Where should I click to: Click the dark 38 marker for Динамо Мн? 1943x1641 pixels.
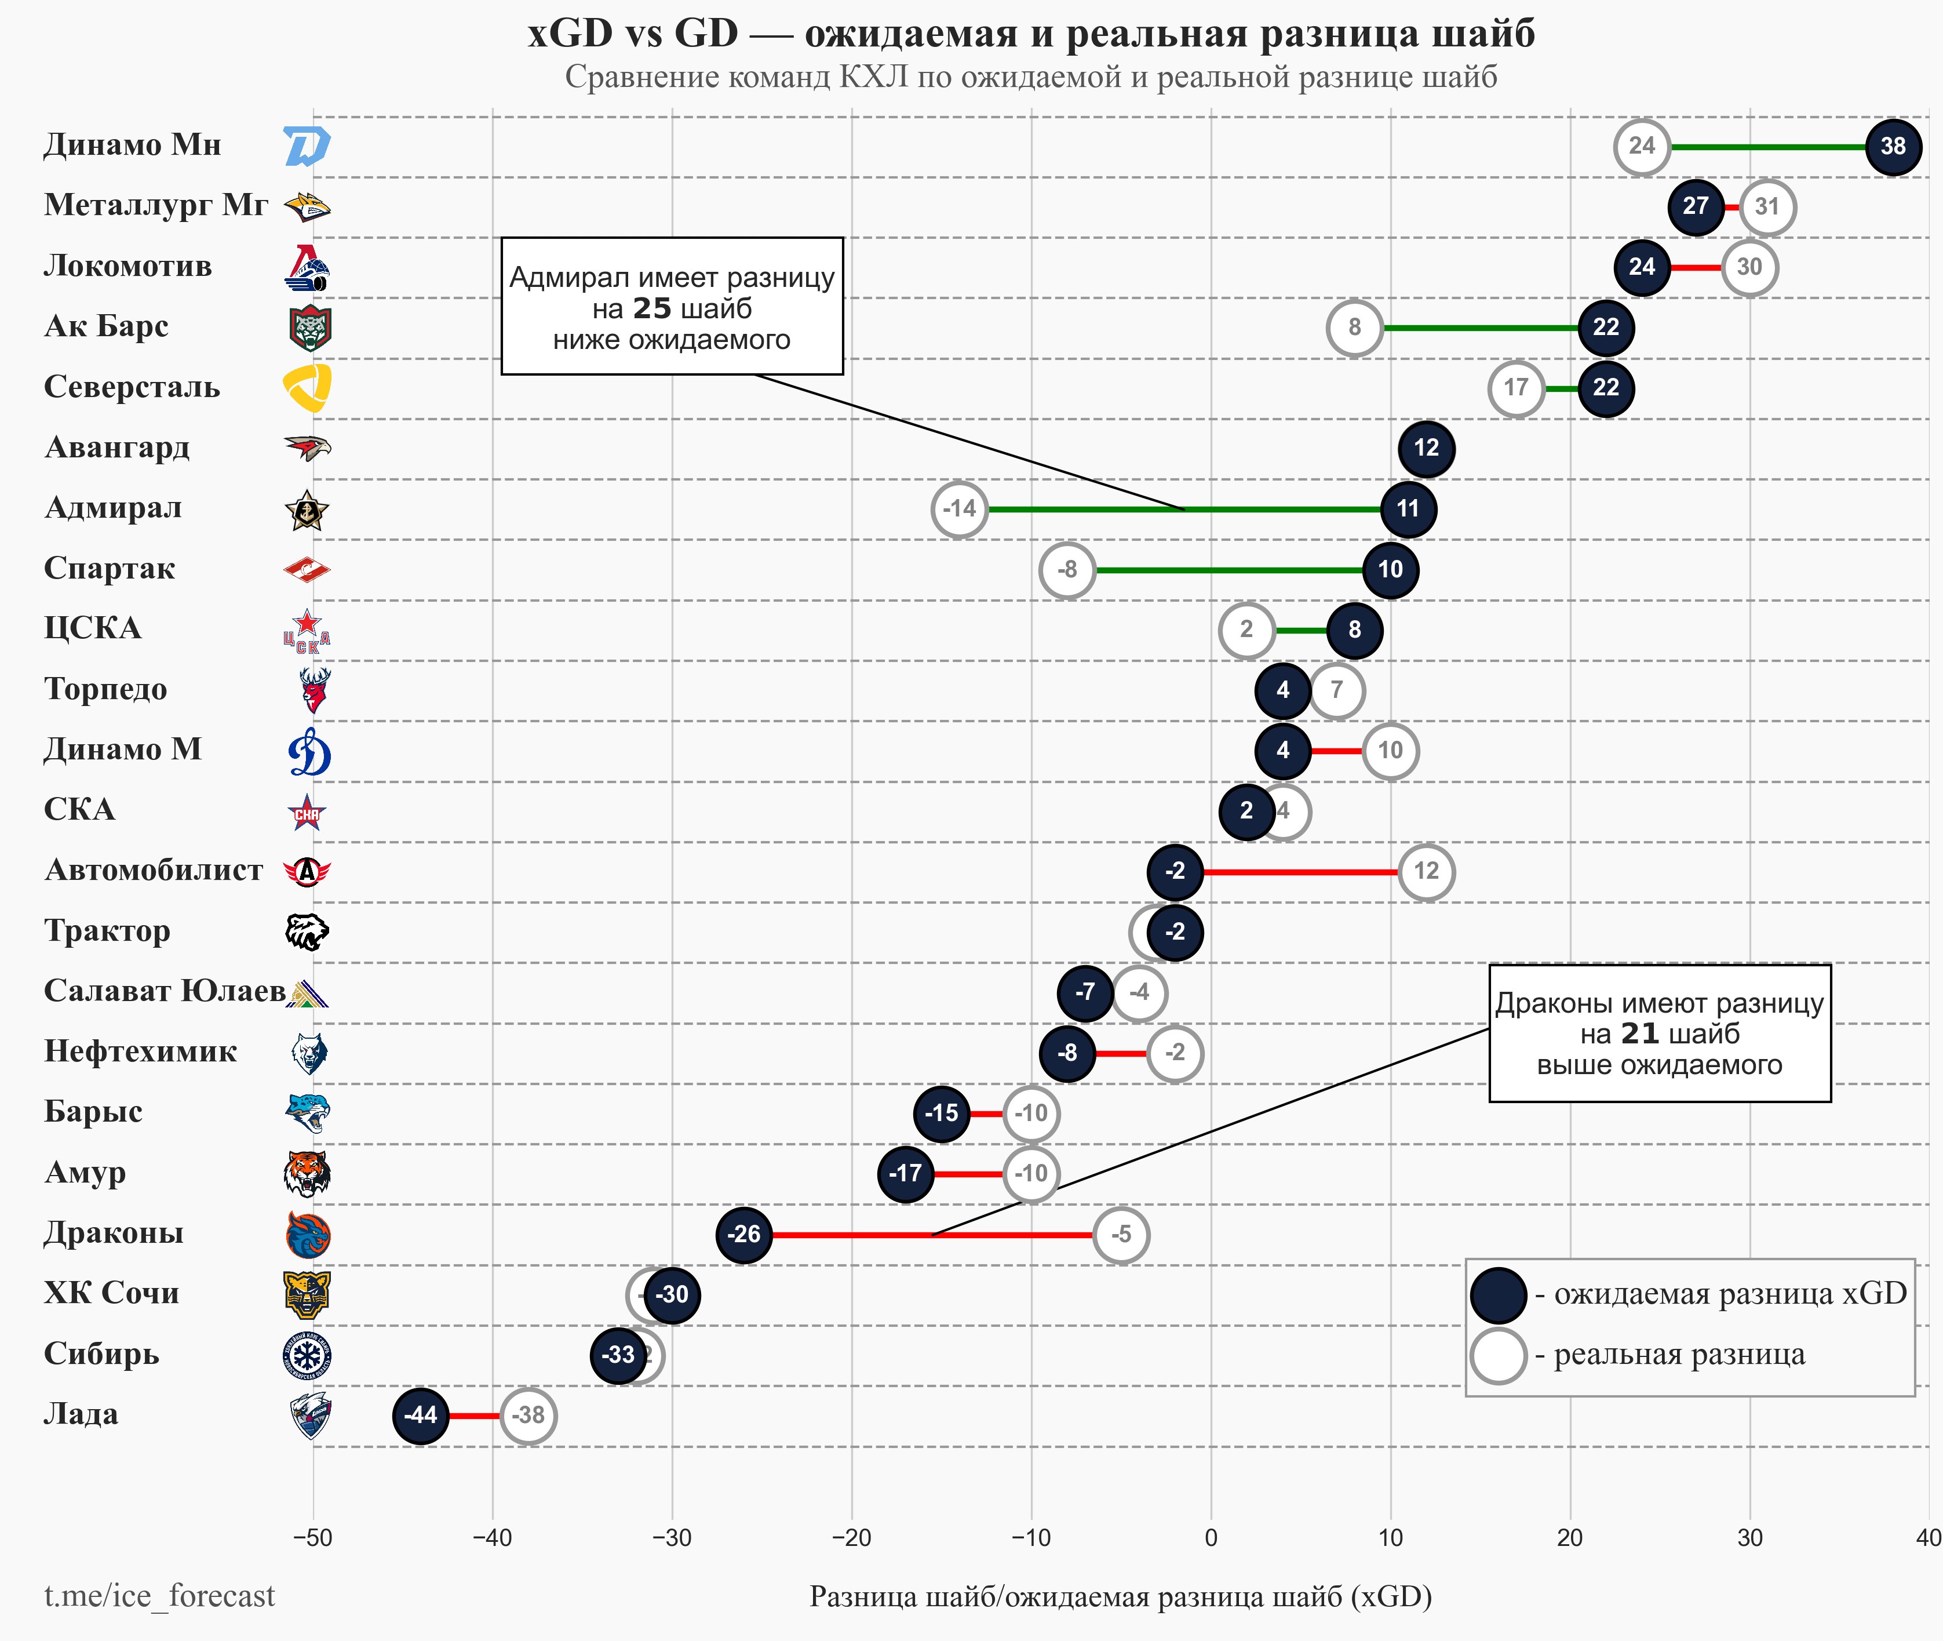point(1893,147)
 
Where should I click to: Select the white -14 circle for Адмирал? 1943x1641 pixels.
point(959,510)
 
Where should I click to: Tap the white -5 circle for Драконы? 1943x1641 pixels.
point(1121,1235)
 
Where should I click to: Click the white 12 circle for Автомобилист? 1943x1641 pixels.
point(1426,872)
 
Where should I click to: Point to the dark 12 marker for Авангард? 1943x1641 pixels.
point(1426,449)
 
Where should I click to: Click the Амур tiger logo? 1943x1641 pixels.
point(307,1174)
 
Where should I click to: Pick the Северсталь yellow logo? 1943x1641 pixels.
point(307,388)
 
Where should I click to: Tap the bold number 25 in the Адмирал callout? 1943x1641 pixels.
point(652,308)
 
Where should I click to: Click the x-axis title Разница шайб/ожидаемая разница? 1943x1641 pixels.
point(1120,1596)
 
